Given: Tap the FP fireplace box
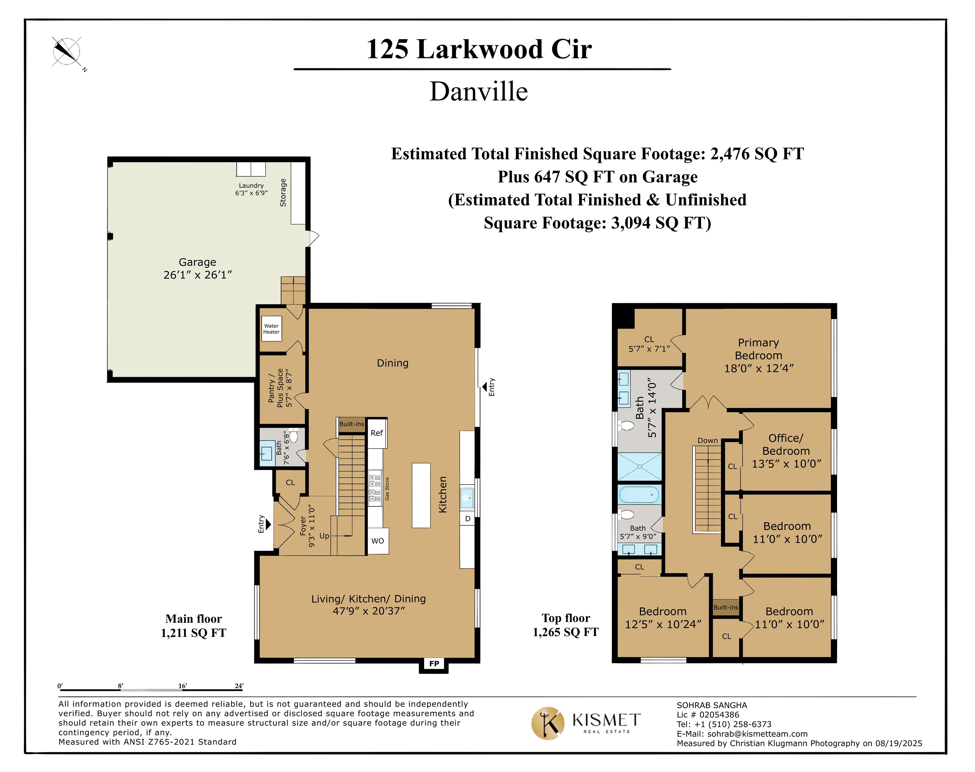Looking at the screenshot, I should [x=434, y=663].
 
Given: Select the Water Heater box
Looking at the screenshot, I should [x=271, y=329].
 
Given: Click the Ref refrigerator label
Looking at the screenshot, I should [x=377, y=433].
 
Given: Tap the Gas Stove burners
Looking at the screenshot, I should [x=375, y=487].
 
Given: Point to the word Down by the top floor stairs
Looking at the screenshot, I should [x=707, y=441].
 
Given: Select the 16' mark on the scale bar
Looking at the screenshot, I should [x=182, y=686].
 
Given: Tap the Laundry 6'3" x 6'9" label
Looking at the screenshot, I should [x=251, y=189].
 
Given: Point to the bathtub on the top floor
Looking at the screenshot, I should [x=639, y=495].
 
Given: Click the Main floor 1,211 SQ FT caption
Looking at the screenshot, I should [x=193, y=626].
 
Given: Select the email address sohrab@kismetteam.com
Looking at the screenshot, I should [x=757, y=734].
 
